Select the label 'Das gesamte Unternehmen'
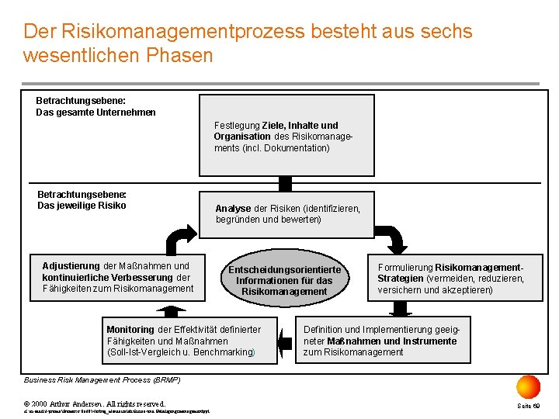click(x=95, y=112)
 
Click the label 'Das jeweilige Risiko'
click(x=82, y=206)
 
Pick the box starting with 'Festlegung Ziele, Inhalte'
click(x=286, y=135)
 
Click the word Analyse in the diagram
click(x=233, y=209)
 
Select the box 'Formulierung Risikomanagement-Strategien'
click(x=450, y=278)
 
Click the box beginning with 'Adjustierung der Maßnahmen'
click(x=117, y=277)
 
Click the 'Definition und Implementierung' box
click(x=386, y=340)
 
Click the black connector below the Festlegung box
click(x=285, y=183)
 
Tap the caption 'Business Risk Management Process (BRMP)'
click(x=102, y=380)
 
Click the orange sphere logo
click(x=528, y=386)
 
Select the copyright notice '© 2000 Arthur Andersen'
click(x=95, y=403)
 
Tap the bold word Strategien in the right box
click(x=400, y=278)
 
